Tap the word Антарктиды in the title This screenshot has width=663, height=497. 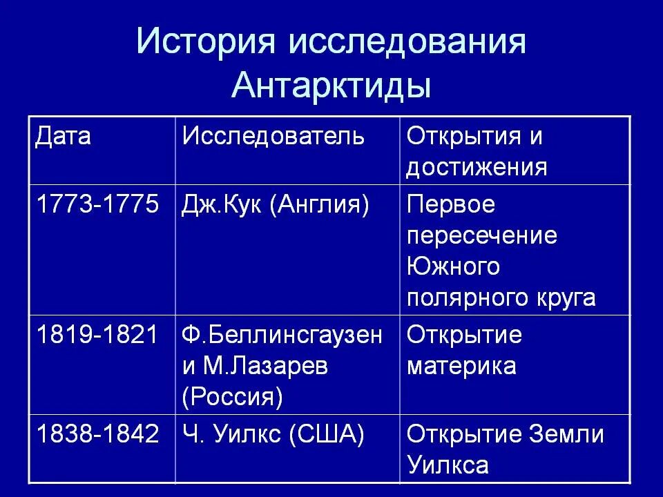click(331, 86)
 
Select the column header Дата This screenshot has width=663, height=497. click(63, 136)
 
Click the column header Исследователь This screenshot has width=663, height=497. click(273, 136)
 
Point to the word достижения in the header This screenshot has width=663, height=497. click(477, 168)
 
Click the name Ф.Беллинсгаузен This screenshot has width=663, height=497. click(282, 335)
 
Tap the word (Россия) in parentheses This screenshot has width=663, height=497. click(233, 398)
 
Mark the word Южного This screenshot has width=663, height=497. click(452, 267)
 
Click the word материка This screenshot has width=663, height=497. click(461, 367)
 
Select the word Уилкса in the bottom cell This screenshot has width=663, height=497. click(448, 465)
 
